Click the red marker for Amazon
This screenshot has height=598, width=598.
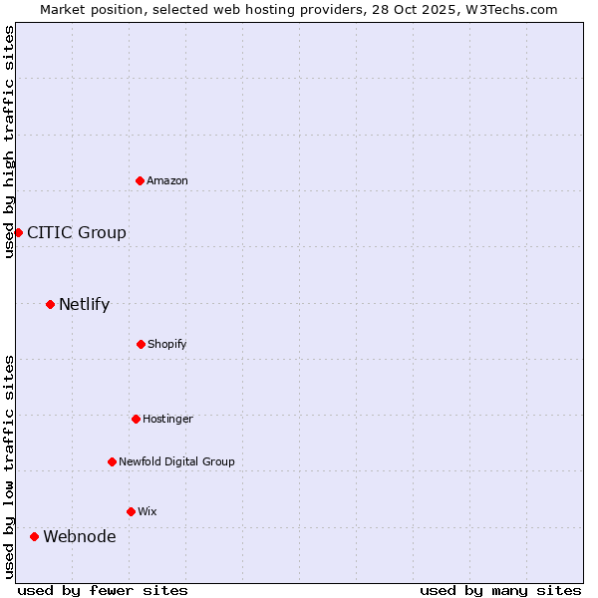[x=141, y=180]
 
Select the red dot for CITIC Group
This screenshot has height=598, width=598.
[x=18, y=232]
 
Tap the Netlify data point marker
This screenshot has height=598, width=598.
[x=50, y=304]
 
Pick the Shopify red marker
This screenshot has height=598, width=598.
[x=141, y=344]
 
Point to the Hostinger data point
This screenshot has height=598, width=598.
[x=136, y=419]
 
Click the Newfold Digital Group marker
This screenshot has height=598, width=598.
[x=112, y=461]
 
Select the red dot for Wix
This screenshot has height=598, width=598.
[x=131, y=511]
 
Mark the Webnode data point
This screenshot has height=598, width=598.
[x=34, y=536]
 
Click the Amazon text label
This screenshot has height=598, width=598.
[x=167, y=180]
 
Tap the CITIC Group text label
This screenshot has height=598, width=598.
[x=77, y=232]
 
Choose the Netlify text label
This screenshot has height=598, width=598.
[x=84, y=304]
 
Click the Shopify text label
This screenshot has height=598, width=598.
[x=167, y=344]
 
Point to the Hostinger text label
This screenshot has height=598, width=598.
[x=167, y=419]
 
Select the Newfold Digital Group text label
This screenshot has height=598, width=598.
[x=176, y=461]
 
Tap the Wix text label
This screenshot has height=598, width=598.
[x=148, y=511]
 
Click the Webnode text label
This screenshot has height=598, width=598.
[x=79, y=536]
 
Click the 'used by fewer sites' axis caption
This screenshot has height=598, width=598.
[x=103, y=590]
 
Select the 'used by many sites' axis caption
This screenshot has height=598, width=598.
[x=500, y=590]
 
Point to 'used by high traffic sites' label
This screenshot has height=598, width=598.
[x=9, y=142]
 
